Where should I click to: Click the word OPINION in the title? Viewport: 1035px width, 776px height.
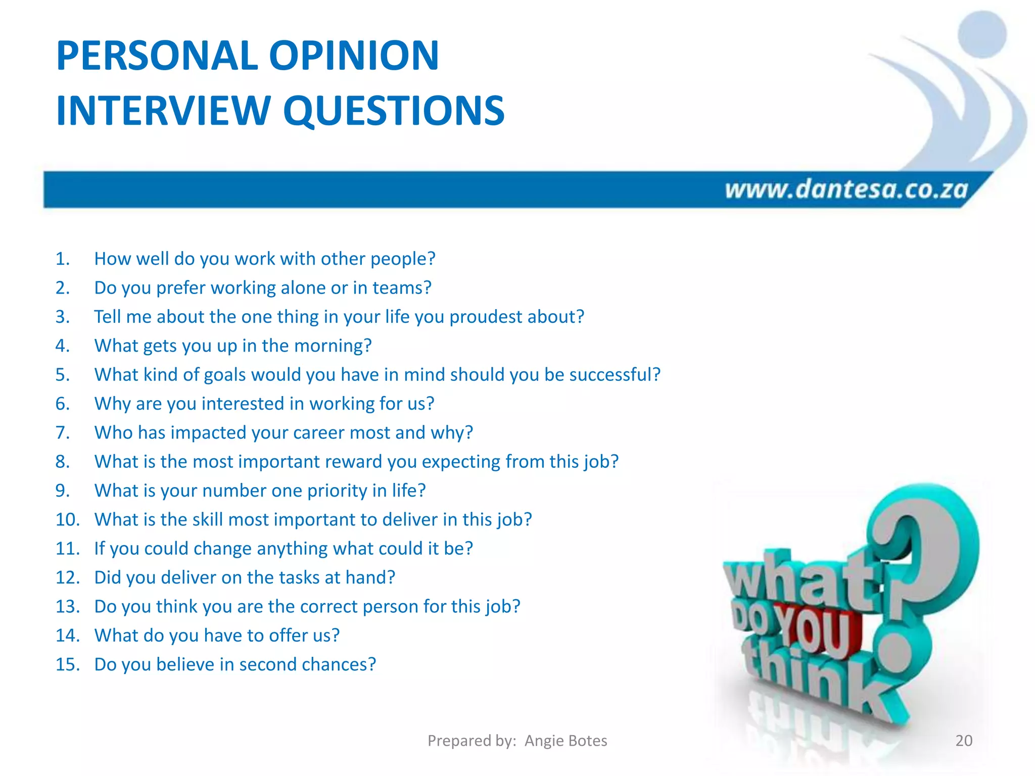tap(354, 56)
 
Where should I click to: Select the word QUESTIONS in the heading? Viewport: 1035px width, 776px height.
tap(394, 111)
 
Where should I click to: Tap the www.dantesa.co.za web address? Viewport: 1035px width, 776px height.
tap(846, 189)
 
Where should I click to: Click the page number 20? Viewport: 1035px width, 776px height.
tap(964, 741)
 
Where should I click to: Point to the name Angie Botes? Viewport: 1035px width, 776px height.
tap(566, 741)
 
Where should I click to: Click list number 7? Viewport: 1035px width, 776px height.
tap(63, 433)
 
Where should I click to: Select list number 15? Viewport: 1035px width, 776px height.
tap(68, 664)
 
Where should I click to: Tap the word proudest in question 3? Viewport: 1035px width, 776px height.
tap(486, 317)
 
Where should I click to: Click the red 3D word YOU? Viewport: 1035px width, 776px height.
tap(814, 632)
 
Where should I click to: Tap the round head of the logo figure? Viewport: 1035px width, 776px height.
tap(981, 34)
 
